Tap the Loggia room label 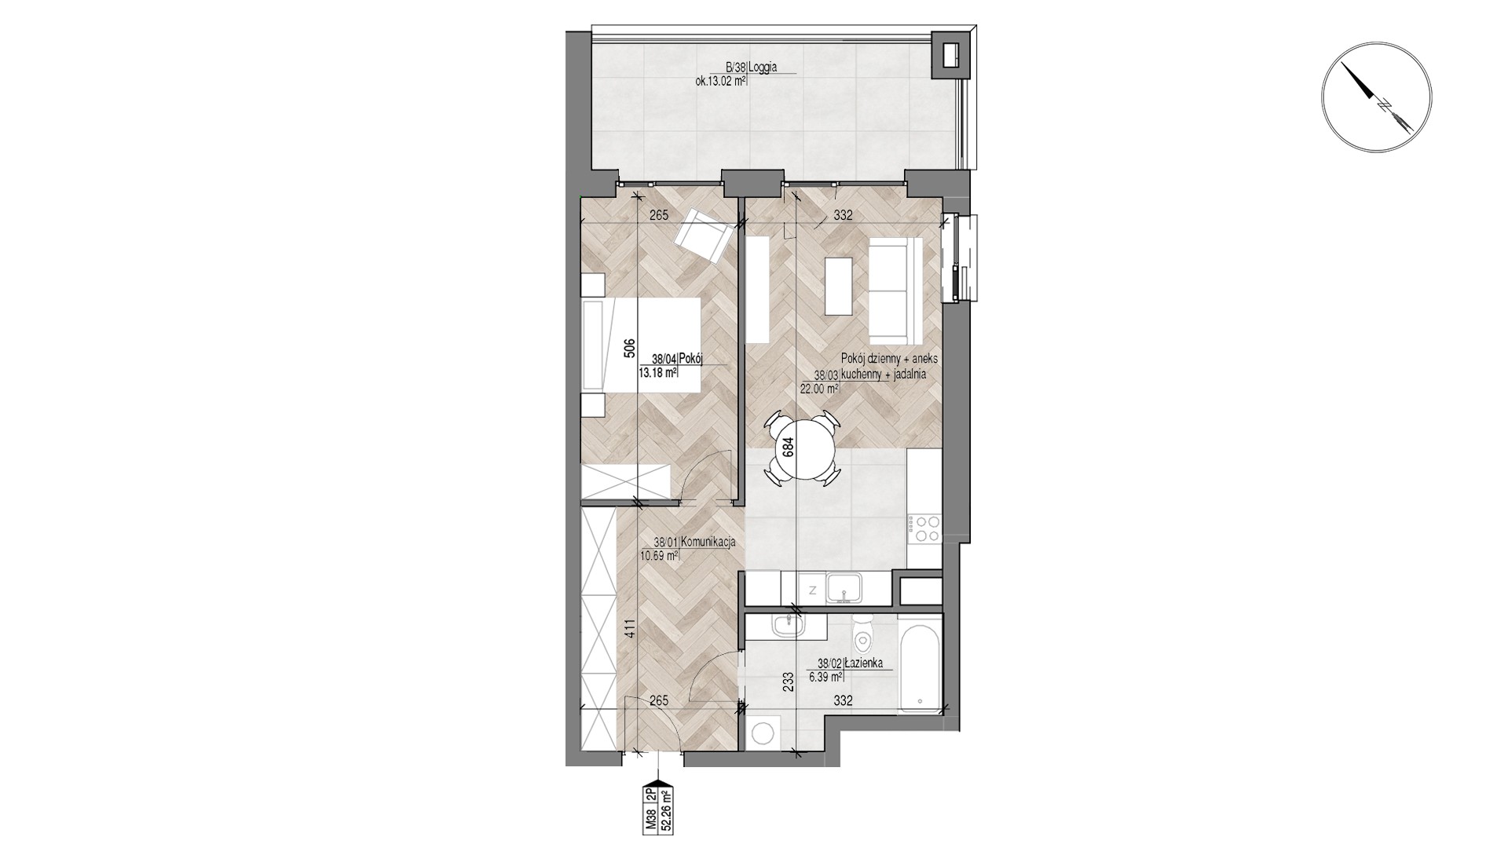tap(763, 67)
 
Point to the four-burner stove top tap(924, 528)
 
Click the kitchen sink tap(844, 588)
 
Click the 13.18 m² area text tap(658, 374)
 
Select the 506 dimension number tap(629, 347)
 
